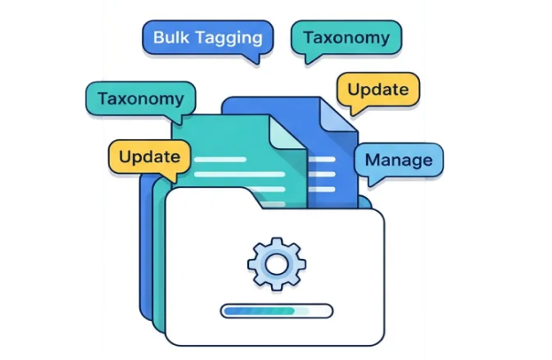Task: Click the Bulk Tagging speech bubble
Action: pos(206,38)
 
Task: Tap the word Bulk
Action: pos(170,38)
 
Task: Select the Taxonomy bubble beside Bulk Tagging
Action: pos(346,38)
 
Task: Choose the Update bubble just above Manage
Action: pos(377,90)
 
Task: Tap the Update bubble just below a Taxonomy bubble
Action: pos(149,157)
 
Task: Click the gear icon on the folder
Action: pos(276,263)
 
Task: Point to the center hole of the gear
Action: pos(276,264)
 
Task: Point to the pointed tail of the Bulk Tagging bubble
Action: pos(258,59)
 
